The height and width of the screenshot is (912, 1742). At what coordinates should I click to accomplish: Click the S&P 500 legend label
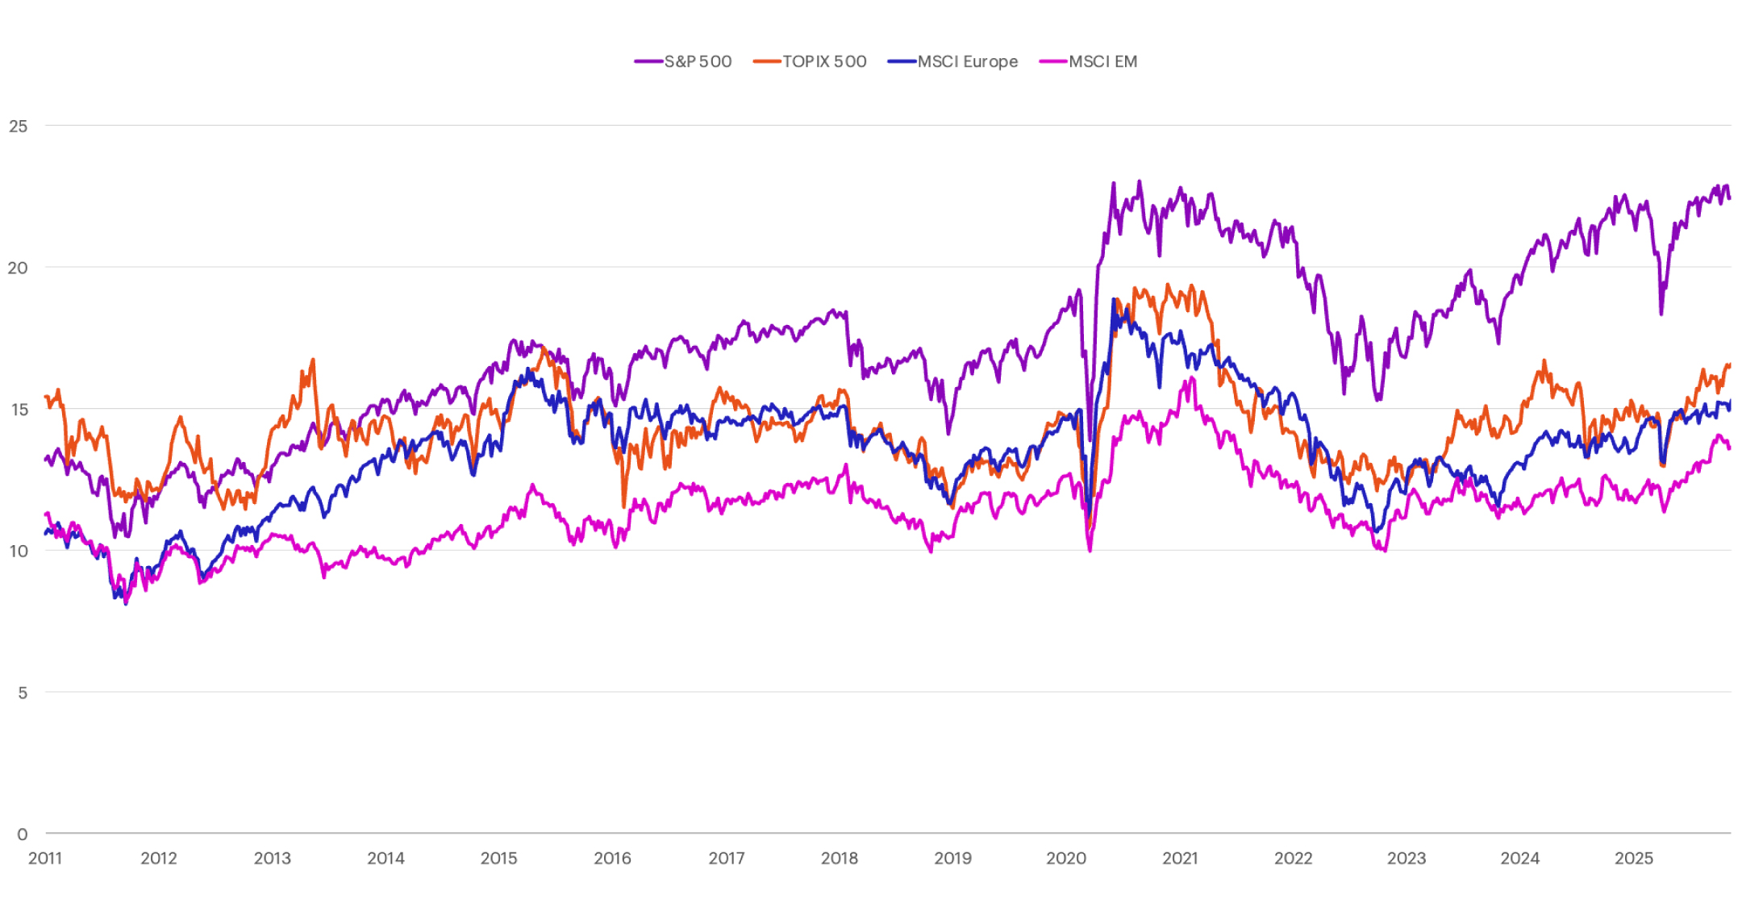698,61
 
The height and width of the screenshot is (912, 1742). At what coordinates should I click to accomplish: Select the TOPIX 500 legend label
824,61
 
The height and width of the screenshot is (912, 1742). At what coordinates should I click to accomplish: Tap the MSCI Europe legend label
967,61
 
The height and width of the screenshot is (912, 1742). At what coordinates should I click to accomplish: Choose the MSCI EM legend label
1102,61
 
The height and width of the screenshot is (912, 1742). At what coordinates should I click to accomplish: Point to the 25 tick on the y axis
18,126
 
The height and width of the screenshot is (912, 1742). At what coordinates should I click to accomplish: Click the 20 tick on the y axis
18,268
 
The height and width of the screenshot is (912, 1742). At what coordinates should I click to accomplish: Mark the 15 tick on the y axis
19,410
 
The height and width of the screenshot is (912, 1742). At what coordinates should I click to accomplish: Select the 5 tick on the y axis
23,693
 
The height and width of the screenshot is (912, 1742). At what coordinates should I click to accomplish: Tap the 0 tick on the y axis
23,835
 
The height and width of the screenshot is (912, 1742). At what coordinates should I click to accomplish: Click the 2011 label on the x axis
45,858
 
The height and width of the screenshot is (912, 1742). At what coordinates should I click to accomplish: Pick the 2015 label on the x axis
498,858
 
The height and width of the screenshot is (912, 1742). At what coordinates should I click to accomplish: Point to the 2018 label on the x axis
839,858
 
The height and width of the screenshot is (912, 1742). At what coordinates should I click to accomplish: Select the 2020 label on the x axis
1066,858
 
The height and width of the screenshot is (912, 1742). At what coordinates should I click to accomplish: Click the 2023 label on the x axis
1407,858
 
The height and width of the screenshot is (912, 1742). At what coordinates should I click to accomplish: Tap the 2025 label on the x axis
1633,858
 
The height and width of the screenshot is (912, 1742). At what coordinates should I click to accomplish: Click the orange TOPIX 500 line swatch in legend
766,61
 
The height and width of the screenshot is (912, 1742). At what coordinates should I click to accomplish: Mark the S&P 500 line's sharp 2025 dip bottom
1661,313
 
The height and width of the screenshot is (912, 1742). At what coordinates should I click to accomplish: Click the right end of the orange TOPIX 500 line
1729,364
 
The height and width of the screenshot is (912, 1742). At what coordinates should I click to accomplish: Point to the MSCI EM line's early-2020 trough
1090,551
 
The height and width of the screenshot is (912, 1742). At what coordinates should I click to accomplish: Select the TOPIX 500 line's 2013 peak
313,360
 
